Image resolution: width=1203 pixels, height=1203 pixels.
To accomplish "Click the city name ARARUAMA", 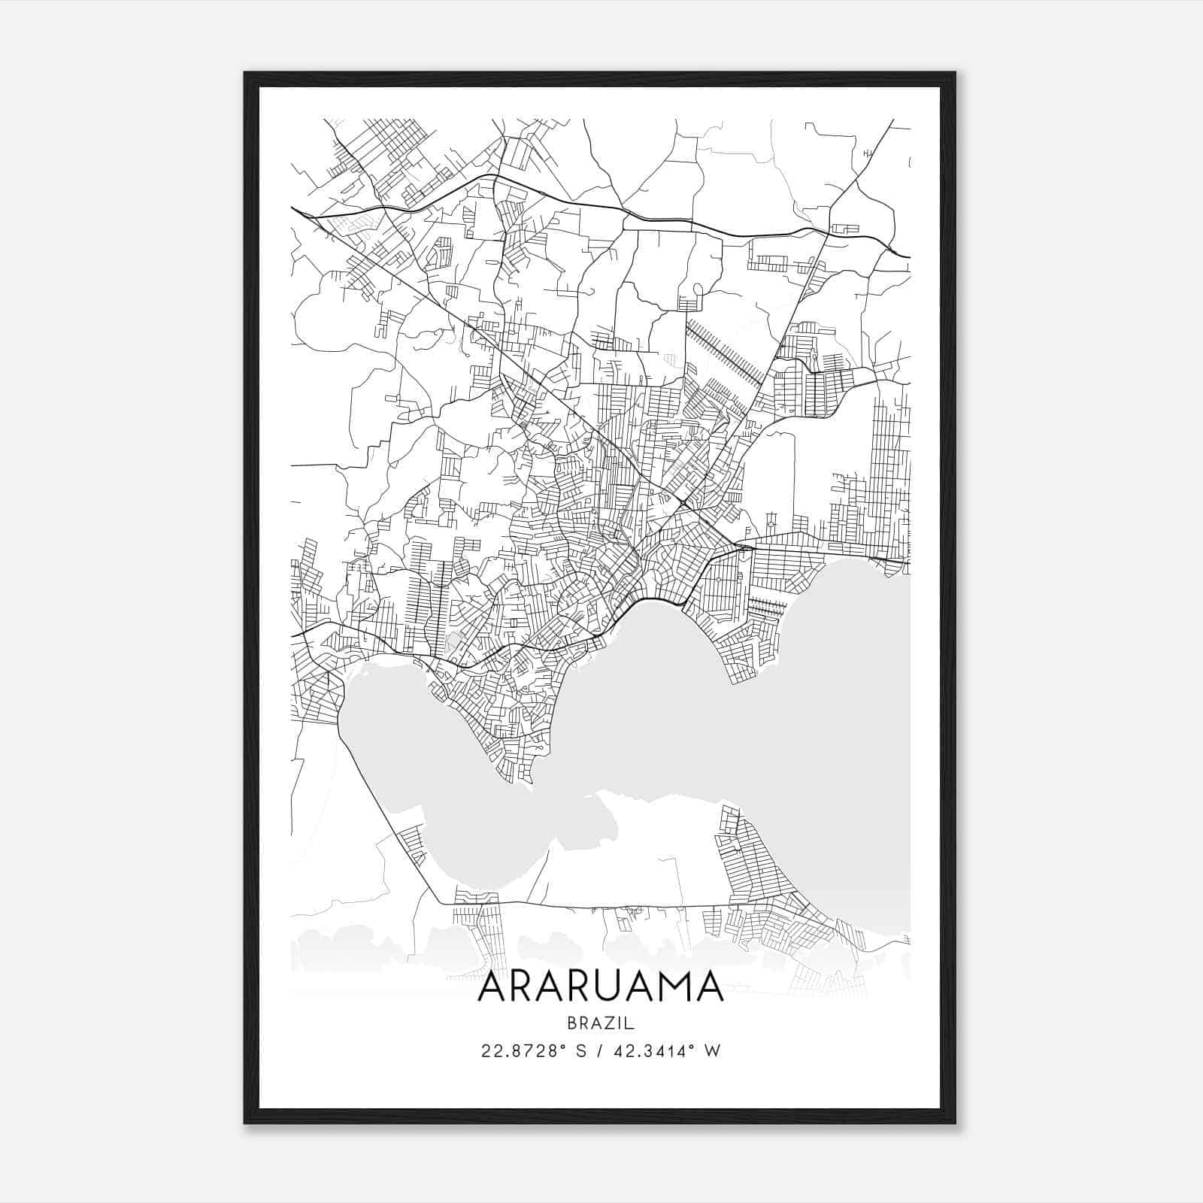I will coord(600,986).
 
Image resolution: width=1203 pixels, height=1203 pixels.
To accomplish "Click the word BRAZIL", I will coord(600,1023).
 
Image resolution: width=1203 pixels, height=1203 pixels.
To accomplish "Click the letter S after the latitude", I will coord(580,1051).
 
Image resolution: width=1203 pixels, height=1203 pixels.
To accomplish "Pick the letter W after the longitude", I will coord(713,1051).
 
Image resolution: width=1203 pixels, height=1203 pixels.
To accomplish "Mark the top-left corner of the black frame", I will coord(245,73).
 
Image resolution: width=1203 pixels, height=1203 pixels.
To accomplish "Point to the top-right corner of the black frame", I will coord(955,73).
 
